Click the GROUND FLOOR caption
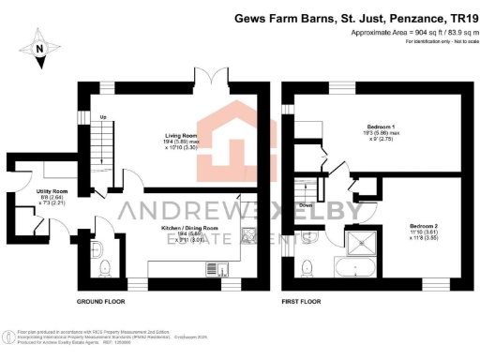(102, 302)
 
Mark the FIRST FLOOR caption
(304, 302)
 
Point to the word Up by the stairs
(104, 117)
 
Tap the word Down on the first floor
(306, 203)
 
